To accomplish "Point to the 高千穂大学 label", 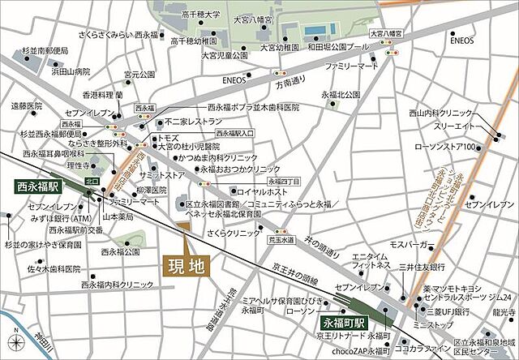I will (203, 14).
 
